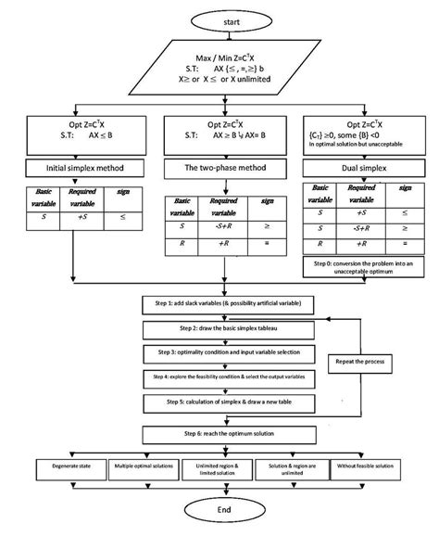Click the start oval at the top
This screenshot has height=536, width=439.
[220, 19]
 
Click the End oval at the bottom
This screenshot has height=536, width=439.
[220, 508]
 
